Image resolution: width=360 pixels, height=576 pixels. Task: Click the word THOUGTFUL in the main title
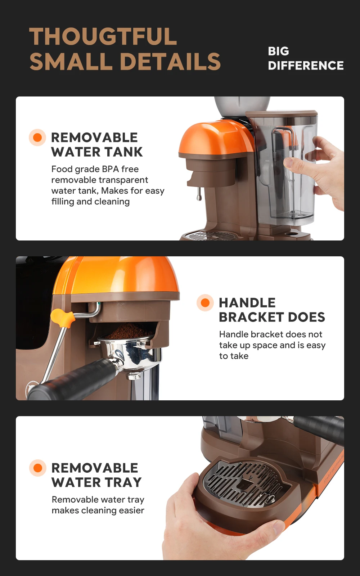pos(103,37)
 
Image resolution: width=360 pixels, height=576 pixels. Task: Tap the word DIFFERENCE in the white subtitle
pos(306,66)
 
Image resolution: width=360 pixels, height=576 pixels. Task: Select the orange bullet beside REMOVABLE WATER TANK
pos(37,138)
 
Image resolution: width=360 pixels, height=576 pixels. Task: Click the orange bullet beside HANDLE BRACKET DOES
pos(205,302)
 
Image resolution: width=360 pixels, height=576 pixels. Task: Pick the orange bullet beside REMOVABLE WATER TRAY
pos(38,468)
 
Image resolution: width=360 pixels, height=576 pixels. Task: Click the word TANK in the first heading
pos(123,152)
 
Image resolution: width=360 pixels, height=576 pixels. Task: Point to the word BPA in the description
pos(110,169)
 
